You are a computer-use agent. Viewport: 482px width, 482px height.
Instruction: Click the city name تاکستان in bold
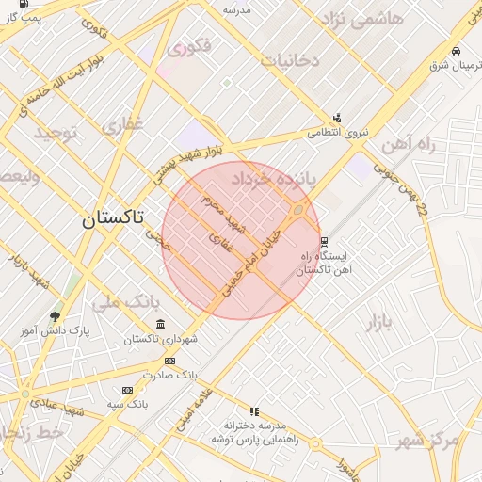click(112, 219)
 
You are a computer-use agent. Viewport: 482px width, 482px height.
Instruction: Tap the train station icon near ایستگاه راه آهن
click(324, 242)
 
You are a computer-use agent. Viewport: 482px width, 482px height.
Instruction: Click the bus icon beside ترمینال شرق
click(456, 51)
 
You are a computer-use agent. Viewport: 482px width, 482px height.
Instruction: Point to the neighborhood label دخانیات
click(290, 60)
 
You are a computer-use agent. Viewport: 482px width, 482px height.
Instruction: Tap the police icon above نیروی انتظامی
click(337, 119)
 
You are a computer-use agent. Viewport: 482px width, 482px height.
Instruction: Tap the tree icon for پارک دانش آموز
click(55, 317)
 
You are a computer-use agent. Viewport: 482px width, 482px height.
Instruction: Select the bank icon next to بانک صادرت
click(169, 361)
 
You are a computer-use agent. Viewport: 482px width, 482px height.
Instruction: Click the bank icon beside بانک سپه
click(127, 390)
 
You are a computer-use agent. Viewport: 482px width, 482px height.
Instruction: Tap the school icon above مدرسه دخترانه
click(254, 411)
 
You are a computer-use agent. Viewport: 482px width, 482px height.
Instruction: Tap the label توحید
click(55, 133)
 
